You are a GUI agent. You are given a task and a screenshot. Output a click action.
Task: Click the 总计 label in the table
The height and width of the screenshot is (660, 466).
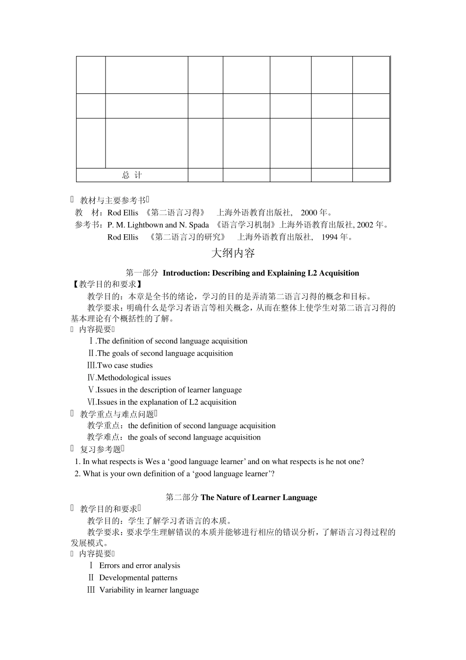pos(132,175)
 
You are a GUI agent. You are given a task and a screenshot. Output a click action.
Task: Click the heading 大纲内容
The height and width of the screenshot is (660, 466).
pos(233,253)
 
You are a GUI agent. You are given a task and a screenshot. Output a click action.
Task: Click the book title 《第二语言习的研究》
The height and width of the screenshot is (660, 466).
pos(189,237)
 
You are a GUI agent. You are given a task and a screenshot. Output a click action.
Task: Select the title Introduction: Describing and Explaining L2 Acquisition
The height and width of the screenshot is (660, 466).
pos(260,273)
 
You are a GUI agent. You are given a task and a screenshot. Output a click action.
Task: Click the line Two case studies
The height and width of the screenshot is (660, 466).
pos(125,365)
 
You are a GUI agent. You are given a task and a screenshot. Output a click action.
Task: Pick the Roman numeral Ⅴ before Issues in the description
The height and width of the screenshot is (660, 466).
pos(91,390)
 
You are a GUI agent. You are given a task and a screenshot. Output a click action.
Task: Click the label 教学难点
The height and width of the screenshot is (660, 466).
pos(104,437)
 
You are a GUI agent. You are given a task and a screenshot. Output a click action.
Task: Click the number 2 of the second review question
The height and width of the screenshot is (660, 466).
pos(77,474)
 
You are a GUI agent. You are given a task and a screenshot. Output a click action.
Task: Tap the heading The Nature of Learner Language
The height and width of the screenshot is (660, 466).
pos(259,497)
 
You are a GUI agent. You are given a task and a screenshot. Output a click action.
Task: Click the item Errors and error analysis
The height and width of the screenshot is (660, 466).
pos(139,566)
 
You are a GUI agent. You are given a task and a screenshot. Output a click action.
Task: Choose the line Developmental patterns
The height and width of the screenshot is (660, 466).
pos(138,578)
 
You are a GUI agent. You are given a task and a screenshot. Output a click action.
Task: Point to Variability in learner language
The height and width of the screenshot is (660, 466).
pos(149,590)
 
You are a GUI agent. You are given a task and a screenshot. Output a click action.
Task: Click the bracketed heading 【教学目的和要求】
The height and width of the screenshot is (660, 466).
pos(107,284)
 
